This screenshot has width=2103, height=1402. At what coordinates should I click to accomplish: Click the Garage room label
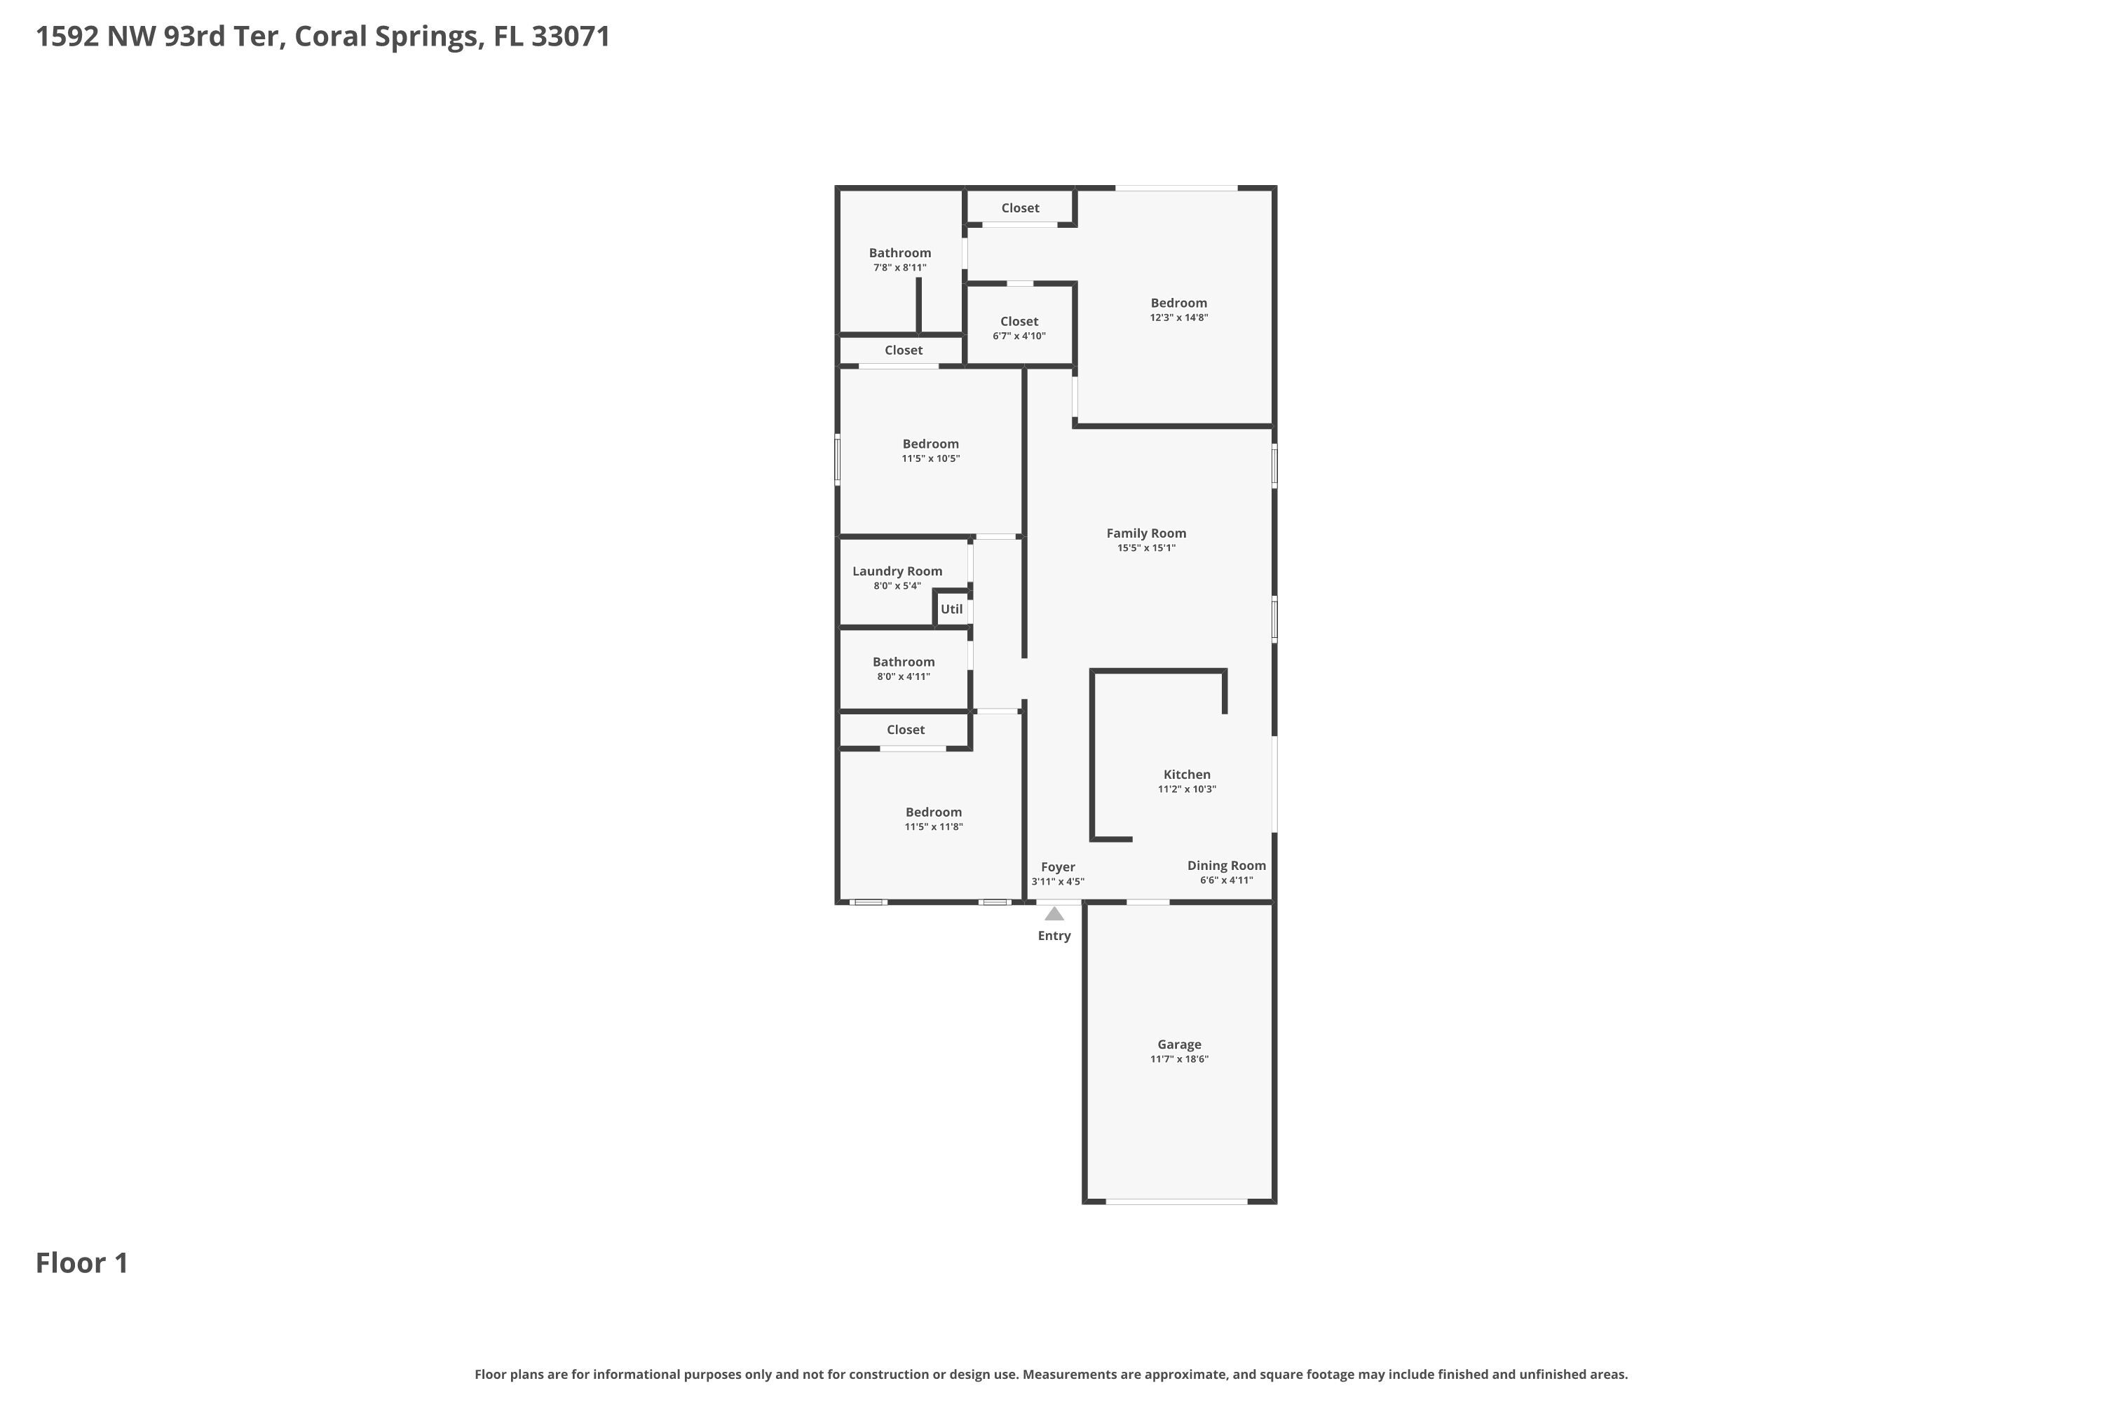(x=1178, y=1044)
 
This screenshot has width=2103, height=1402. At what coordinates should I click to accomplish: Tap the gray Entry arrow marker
(x=1054, y=914)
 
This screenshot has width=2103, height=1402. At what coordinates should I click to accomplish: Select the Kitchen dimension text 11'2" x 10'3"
(x=1187, y=789)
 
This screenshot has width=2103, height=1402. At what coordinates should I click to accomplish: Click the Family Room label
(x=1145, y=533)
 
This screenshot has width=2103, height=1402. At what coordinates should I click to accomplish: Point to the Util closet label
(x=951, y=609)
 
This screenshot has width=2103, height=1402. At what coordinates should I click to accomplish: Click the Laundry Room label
(x=897, y=571)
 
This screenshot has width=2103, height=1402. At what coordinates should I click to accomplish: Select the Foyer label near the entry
(x=1058, y=867)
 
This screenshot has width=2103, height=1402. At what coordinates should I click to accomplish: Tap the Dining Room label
(x=1226, y=866)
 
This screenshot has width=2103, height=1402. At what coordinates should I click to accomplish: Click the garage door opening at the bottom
(x=1176, y=1202)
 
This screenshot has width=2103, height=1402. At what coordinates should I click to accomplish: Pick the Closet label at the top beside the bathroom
(x=1019, y=208)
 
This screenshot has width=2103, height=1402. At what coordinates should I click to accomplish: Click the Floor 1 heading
(x=82, y=1263)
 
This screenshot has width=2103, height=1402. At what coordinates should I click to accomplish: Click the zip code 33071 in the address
(x=571, y=36)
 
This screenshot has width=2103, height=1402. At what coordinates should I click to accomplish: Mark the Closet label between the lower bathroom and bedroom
(x=905, y=730)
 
